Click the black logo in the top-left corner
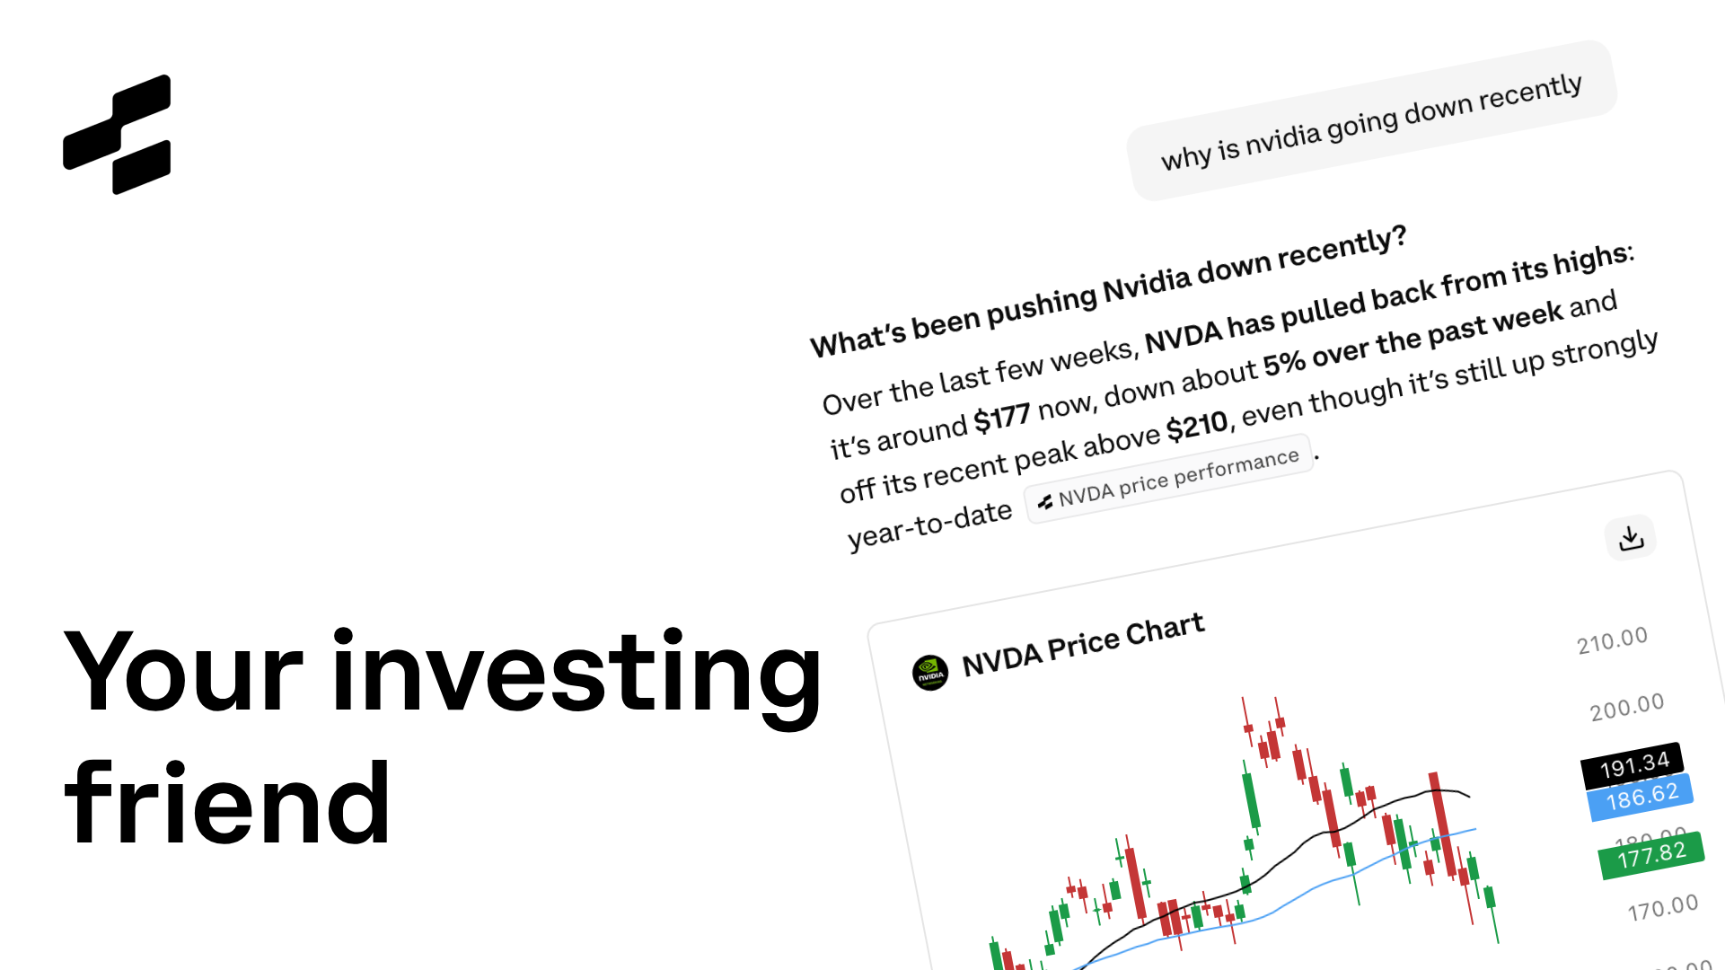pos(117,134)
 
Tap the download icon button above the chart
pos(1630,538)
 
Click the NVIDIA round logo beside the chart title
pos(929,673)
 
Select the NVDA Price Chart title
pos(1082,644)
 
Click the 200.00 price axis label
pos(1626,707)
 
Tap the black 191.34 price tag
pos(1633,765)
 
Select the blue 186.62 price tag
pos(1641,797)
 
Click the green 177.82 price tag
pos(1651,854)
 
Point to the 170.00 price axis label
pos(1662,908)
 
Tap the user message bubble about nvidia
pos(1370,121)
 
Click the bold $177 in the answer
pos(1001,418)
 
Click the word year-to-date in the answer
pos(929,525)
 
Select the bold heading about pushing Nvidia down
pos(1107,292)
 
